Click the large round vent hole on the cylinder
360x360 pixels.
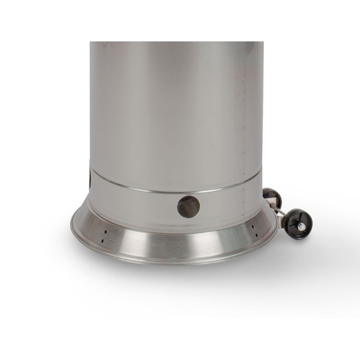[189, 206]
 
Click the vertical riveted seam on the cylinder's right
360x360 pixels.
[244, 135]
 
